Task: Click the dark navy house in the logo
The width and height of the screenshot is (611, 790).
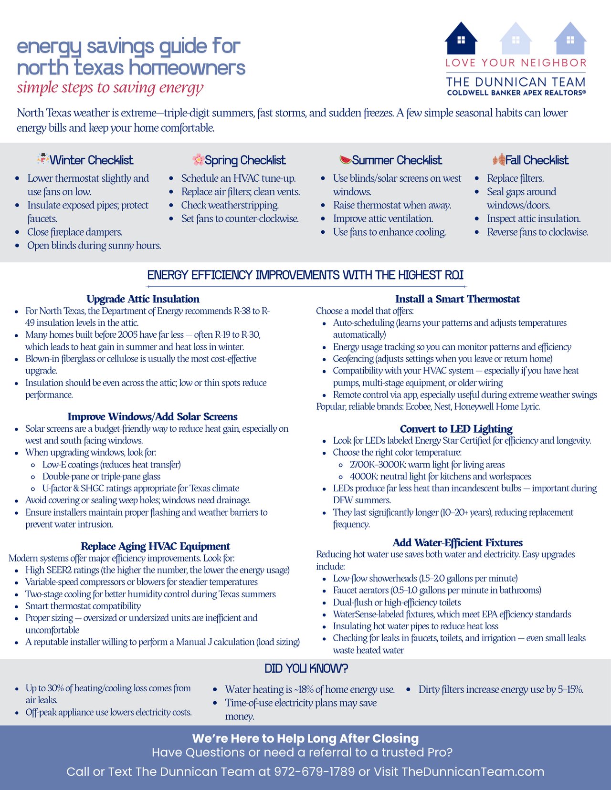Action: (x=461, y=39)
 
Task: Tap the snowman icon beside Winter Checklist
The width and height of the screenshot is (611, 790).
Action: (x=43, y=159)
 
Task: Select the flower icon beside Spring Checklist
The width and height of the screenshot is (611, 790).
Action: (x=198, y=159)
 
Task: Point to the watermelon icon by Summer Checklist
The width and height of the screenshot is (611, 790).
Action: (x=345, y=159)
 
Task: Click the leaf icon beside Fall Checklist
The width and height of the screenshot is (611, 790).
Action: (x=499, y=159)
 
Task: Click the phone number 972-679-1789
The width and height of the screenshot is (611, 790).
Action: (x=314, y=771)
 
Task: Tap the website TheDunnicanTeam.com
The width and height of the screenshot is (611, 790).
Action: (x=473, y=771)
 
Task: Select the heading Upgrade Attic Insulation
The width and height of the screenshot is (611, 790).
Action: (x=143, y=299)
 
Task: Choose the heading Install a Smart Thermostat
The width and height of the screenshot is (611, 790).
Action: (x=457, y=299)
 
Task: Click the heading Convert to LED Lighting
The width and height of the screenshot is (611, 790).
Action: (x=456, y=429)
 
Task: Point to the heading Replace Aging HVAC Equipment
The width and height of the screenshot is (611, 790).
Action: (x=155, y=546)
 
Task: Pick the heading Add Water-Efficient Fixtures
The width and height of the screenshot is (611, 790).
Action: (x=457, y=542)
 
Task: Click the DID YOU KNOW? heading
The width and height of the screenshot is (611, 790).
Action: (x=306, y=668)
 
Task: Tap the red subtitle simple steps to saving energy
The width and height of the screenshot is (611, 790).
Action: (x=110, y=88)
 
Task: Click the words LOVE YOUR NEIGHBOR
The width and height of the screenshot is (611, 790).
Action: (x=516, y=63)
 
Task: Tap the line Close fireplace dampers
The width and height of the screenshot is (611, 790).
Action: (x=75, y=232)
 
